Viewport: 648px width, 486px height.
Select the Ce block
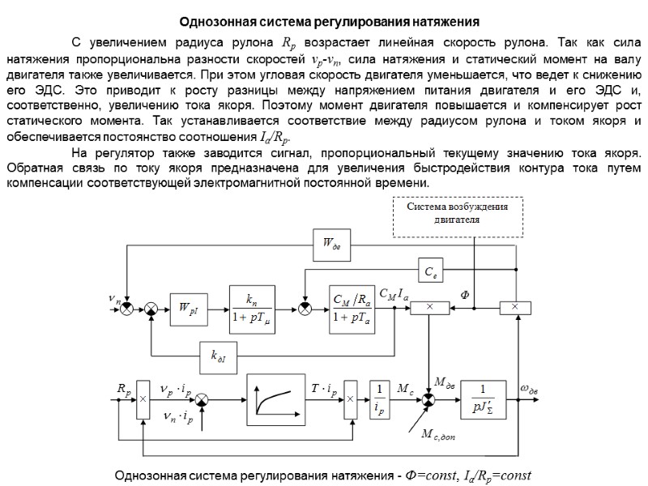pyautogui.click(x=429, y=269)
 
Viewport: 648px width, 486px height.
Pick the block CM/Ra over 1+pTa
pyautogui.click(x=352, y=308)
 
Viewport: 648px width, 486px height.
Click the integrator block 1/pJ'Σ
pyautogui.click(x=488, y=398)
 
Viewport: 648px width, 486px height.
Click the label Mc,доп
pyautogui.click(x=441, y=436)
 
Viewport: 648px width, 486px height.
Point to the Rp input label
pyautogui.click(x=124, y=389)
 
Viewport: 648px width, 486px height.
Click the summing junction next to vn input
pyautogui.click(x=126, y=308)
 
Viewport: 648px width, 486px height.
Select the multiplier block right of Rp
pyautogui.click(x=143, y=398)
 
